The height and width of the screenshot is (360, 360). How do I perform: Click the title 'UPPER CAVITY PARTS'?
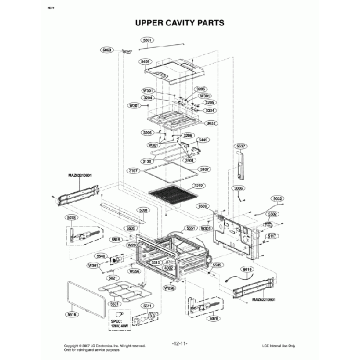point(179,23)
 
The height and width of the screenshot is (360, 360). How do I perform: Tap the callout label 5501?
point(148,40)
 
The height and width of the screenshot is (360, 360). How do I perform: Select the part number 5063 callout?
point(107,50)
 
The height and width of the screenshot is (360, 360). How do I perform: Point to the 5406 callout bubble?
point(145,61)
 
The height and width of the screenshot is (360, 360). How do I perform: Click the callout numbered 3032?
point(211,123)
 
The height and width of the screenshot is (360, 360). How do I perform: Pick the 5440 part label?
point(203,140)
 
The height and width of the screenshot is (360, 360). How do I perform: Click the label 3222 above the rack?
point(198,186)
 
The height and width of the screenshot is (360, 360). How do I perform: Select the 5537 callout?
point(241,146)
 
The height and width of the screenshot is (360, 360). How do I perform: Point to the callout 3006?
point(239,189)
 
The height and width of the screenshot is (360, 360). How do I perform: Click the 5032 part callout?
point(277,198)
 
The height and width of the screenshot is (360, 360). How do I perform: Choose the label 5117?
point(272,236)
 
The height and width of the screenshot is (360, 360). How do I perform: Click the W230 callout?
point(133,244)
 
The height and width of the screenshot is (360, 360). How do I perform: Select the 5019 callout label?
point(248,269)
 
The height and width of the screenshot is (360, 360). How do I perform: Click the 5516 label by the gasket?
point(72,314)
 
